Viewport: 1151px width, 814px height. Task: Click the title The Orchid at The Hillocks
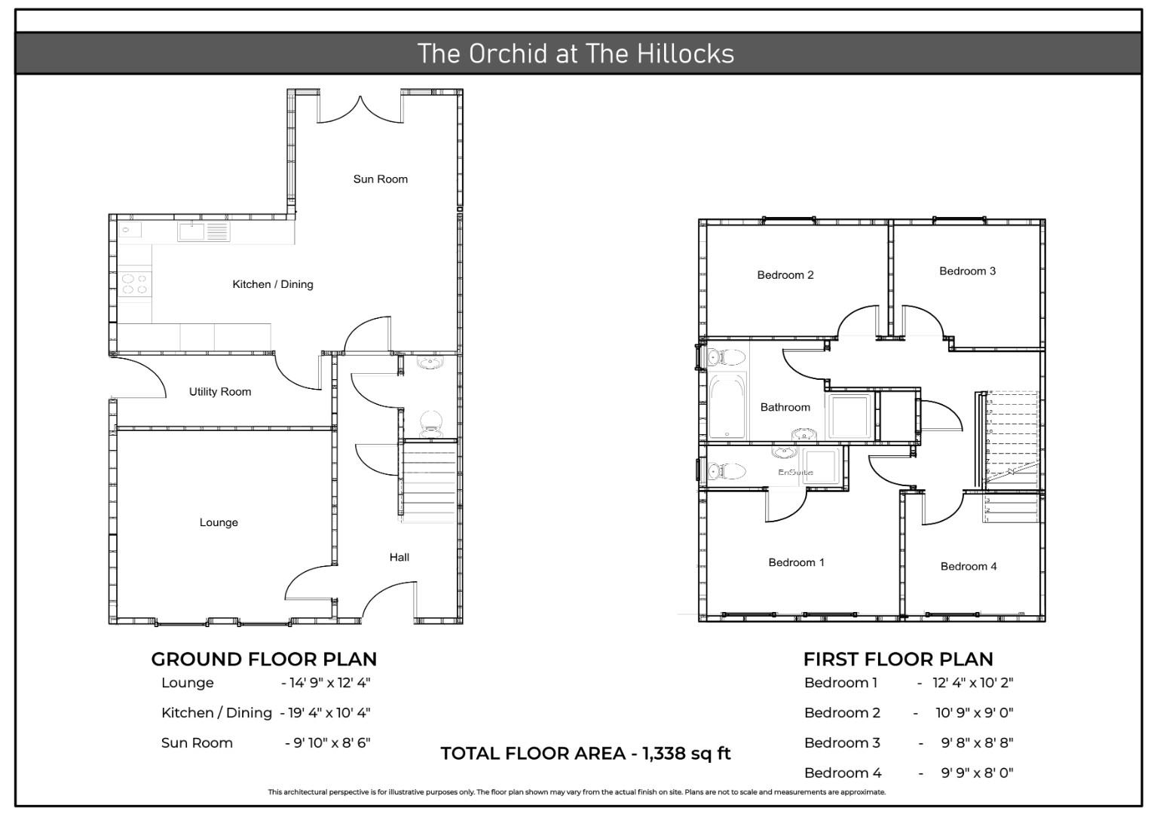pyautogui.click(x=575, y=54)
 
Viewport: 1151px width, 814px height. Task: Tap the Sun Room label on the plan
pyautogui.click(x=380, y=179)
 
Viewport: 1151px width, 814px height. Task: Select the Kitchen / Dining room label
pyautogui.click(x=272, y=284)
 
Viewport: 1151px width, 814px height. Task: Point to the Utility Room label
pyautogui.click(x=219, y=392)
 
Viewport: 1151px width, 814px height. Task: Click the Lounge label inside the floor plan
pyautogui.click(x=219, y=522)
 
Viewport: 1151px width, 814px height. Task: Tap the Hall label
pyautogui.click(x=399, y=557)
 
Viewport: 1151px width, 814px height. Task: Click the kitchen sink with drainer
pyautogui.click(x=204, y=231)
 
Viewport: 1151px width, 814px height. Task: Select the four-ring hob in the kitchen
pyautogui.click(x=135, y=284)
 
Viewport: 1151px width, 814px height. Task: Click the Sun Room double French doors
pyautogui.click(x=361, y=109)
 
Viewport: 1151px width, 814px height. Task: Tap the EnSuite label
pyautogui.click(x=795, y=473)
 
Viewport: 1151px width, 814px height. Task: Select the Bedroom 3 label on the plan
pyautogui.click(x=967, y=271)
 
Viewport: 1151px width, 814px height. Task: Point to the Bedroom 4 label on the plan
pyautogui.click(x=968, y=567)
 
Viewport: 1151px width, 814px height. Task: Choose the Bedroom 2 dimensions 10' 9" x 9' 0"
pyautogui.click(x=974, y=713)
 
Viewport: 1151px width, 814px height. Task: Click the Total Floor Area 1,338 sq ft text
pyautogui.click(x=586, y=754)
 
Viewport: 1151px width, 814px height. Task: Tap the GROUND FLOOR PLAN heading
pyautogui.click(x=264, y=659)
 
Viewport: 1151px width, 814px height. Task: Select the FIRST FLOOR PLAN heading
pyautogui.click(x=898, y=659)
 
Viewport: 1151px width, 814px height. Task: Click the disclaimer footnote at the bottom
pyautogui.click(x=577, y=792)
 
